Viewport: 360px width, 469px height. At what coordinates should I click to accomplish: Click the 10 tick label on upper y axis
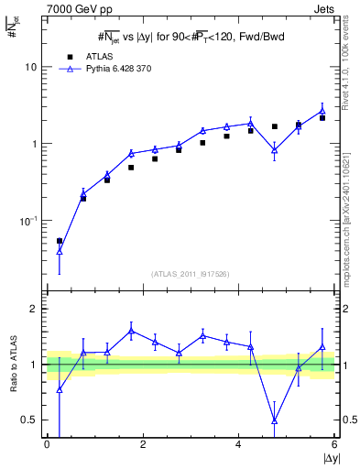click(31, 68)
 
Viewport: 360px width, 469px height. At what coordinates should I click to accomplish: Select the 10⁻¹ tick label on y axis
click(29, 221)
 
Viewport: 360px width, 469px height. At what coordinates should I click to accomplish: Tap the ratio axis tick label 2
click(34, 310)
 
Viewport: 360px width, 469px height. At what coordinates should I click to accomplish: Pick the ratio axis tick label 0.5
click(29, 420)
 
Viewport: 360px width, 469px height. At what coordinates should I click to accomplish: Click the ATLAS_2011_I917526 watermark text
click(190, 274)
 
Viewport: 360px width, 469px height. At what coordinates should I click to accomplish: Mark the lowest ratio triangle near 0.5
click(275, 420)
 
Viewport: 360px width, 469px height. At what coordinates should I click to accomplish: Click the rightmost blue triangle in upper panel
click(322, 111)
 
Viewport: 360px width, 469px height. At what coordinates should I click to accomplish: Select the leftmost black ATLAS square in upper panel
click(60, 241)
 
